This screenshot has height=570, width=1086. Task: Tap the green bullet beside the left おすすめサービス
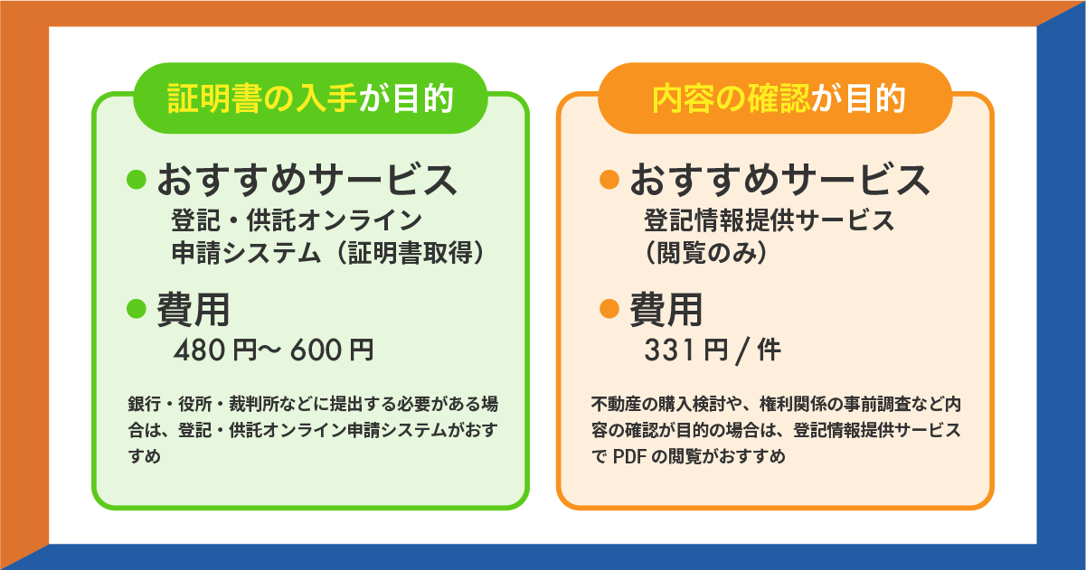pos(136,179)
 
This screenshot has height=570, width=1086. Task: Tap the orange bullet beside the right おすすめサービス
pos(609,179)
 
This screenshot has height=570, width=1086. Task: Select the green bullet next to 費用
pos(136,309)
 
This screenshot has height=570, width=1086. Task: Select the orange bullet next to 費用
pos(609,309)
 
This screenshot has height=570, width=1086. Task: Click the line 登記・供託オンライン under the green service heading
pos(297,220)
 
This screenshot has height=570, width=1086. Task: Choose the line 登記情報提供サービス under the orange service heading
pos(769,220)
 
